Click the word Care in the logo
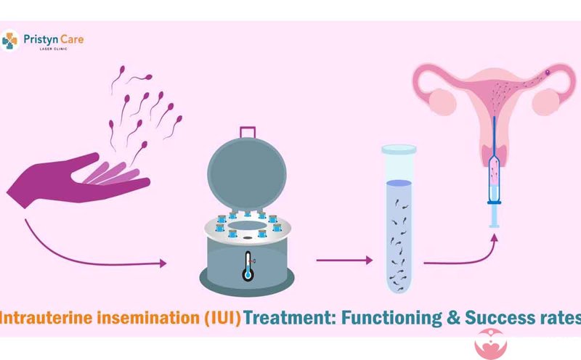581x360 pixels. pos(72,39)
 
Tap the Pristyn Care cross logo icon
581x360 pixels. pos(9,41)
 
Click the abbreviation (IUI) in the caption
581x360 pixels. pos(222,318)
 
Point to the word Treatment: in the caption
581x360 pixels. pos(290,318)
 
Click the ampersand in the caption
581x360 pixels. pos(453,318)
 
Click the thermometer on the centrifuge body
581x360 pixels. pos(248,266)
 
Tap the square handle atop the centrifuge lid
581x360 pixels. pos(248,132)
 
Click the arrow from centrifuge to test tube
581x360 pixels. pos(344,261)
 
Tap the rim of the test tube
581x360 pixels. pos(399,150)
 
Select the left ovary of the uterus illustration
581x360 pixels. pos(442,102)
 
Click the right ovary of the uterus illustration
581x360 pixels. pos(545,102)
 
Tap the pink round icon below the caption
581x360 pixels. pos(491,344)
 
